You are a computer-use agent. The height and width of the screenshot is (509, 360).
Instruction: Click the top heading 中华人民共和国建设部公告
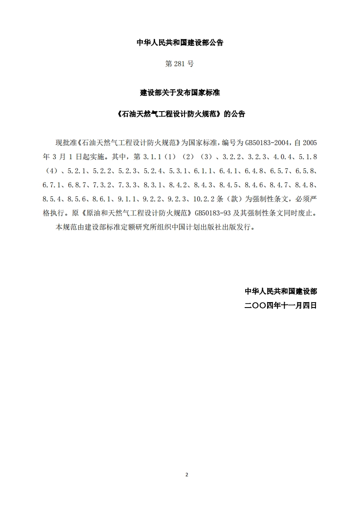[180, 43]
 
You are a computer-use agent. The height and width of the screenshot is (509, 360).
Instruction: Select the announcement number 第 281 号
[180, 64]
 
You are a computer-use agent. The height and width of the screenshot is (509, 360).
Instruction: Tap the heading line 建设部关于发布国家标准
[180, 93]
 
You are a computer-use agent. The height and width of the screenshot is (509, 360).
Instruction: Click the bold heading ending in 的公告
[180, 114]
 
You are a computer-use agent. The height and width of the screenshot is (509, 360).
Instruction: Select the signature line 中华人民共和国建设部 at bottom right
[281, 291]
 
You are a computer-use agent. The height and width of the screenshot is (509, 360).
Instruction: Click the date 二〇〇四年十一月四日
[281, 306]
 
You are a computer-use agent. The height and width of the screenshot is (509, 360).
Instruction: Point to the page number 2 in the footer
[186, 475]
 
